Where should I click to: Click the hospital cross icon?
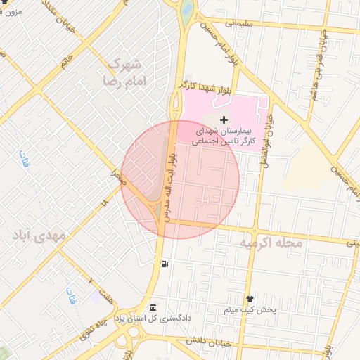[x=224, y=120]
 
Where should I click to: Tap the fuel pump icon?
[x=165, y=264]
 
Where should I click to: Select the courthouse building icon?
[x=153, y=307]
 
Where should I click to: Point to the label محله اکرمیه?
[x=271, y=243]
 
